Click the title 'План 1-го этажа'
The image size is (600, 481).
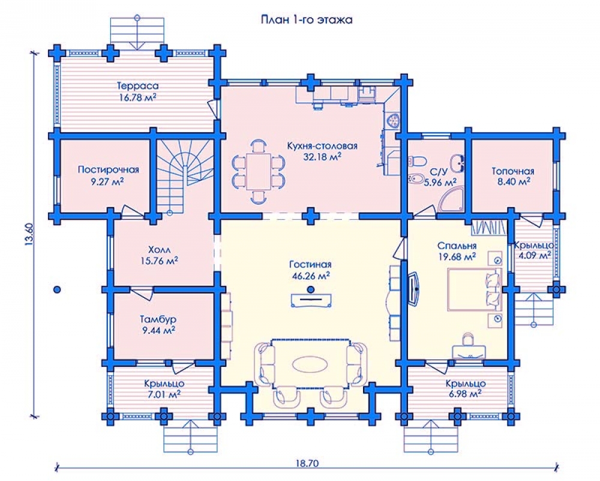tap(307, 20)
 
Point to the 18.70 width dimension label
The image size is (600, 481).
tap(307, 464)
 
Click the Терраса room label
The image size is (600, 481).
tap(138, 86)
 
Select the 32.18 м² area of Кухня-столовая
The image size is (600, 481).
tap(322, 156)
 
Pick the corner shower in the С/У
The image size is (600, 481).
tap(452, 200)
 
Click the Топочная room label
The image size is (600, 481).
tap(513, 171)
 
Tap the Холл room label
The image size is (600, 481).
tap(159, 250)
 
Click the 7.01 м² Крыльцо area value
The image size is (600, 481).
tap(164, 394)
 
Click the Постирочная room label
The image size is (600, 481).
tap(108, 169)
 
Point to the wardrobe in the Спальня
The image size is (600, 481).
tap(489, 227)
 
